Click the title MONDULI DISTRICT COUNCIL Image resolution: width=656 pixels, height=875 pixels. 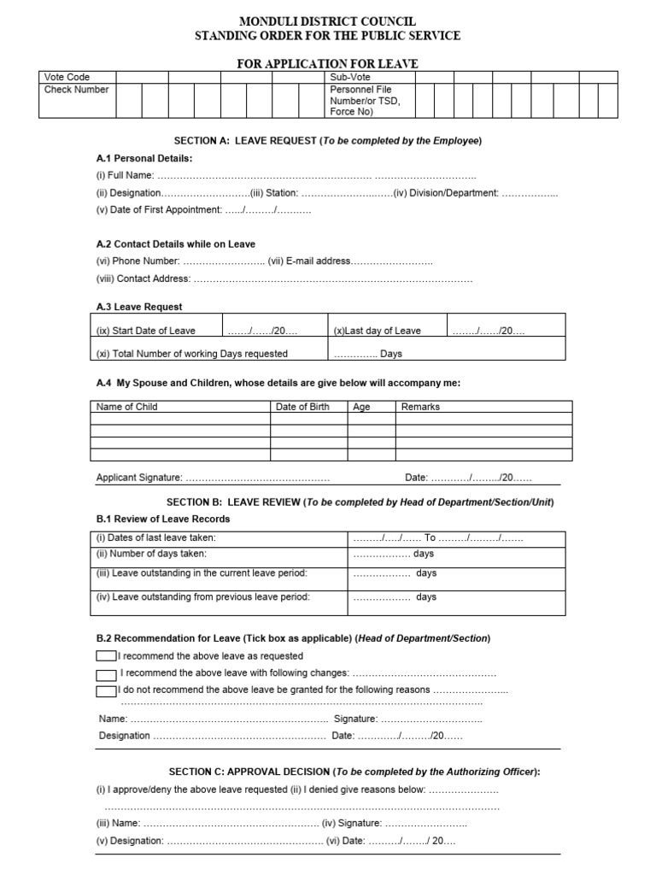click(327, 21)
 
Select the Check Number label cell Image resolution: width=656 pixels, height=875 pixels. click(76, 89)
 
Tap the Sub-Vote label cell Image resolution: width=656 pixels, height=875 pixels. click(350, 77)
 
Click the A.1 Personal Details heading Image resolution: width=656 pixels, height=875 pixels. click(144, 158)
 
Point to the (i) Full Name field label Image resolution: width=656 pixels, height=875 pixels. click(125, 175)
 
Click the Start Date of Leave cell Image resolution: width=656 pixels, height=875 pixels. click(145, 331)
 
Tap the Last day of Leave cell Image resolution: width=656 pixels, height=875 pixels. click(378, 331)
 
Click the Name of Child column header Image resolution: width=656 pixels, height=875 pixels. click(127, 407)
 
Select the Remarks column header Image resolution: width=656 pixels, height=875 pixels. click(420, 407)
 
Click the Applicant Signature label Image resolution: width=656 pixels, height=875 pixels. click(138, 478)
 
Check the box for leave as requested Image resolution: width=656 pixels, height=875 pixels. click(106, 656)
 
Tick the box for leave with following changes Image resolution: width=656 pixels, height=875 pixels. click(106, 673)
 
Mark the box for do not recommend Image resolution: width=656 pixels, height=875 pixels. click(106, 690)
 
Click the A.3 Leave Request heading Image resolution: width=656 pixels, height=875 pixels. click(139, 307)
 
